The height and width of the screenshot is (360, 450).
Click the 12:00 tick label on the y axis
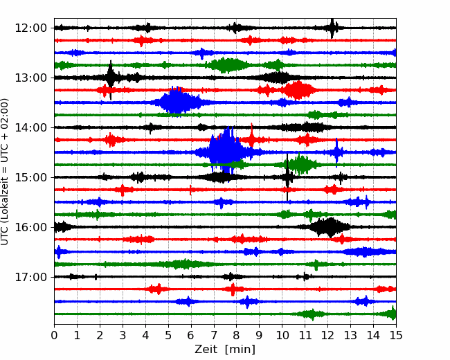click(30, 28)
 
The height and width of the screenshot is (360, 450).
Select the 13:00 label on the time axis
click(30, 78)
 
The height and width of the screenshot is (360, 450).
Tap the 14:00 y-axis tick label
click(30, 127)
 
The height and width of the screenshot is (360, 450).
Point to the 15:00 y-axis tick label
click(30, 177)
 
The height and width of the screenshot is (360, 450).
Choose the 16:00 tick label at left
click(30, 227)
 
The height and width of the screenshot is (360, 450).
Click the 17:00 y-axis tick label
click(30, 277)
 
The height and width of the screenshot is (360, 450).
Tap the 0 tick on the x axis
click(54, 335)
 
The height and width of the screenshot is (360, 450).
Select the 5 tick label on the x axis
click(168, 335)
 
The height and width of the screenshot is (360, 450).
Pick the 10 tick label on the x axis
click(282, 335)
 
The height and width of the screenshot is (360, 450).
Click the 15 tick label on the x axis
click(396, 335)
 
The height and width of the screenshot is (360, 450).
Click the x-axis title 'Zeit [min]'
click(225, 350)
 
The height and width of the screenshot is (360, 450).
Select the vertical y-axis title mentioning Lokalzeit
click(5, 172)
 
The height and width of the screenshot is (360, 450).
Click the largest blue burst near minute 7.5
click(225, 151)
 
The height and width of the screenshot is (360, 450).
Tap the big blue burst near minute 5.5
click(178, 102)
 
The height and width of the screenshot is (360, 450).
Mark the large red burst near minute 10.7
click(298, 90)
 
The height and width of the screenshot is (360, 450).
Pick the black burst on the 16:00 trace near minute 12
click(330, 227)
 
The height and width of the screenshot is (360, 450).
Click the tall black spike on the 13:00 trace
click(111, 78)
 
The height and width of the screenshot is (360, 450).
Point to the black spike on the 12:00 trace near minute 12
click(332, 28)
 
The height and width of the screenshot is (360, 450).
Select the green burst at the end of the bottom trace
click(391, 313)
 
